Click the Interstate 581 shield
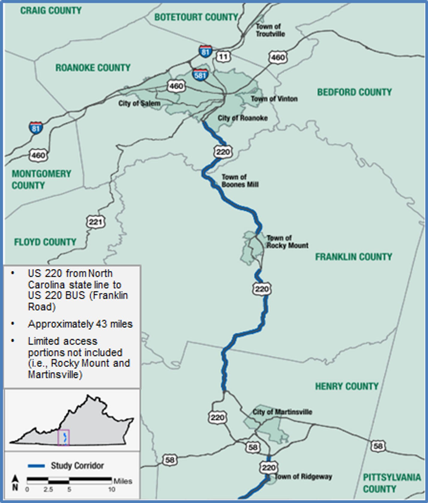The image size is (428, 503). (x=200, y=75)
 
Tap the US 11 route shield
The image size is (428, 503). (x=223, y=57)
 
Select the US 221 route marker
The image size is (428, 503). (x=96, y=222)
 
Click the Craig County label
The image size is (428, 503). (x=51, y=11)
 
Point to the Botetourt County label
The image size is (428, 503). (x=196, y=17)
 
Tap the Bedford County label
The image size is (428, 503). (x=354, y=92)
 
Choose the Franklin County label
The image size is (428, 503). (x=353, y=257)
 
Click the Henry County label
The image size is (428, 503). (x=347, y=386)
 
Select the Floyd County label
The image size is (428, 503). (x=45, y=242)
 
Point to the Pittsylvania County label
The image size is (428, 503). (x=392, y=483)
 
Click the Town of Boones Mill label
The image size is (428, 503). (x=240, y=181)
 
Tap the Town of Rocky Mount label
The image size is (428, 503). (x=287, y=242)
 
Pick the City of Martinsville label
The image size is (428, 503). (x=282, y=412)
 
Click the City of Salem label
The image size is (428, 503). (x=139, y=104)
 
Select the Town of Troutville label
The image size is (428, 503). (x=270, y=30)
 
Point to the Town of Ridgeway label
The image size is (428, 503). (x=303, y=477)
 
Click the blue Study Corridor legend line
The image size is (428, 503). (x=36, y=466)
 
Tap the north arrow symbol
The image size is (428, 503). (x=15, y=483)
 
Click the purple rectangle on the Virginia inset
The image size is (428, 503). (x=63, y=438)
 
